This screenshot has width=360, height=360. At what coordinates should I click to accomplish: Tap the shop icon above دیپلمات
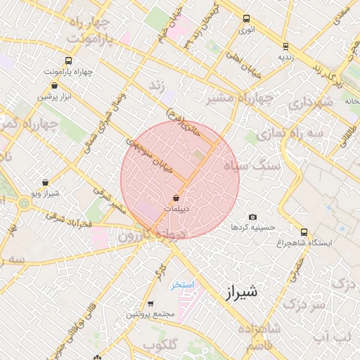(176, 198)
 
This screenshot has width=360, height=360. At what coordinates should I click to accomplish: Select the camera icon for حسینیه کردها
(253, 217)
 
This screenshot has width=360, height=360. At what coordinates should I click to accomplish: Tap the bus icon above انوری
(246, 19)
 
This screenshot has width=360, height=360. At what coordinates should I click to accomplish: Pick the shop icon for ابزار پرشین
(54, 85)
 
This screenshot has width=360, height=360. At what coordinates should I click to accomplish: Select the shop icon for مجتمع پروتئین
(150, 304)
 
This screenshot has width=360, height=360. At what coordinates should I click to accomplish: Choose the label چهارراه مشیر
(240, 99)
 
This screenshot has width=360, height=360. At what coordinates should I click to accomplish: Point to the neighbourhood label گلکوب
(160, 345)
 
